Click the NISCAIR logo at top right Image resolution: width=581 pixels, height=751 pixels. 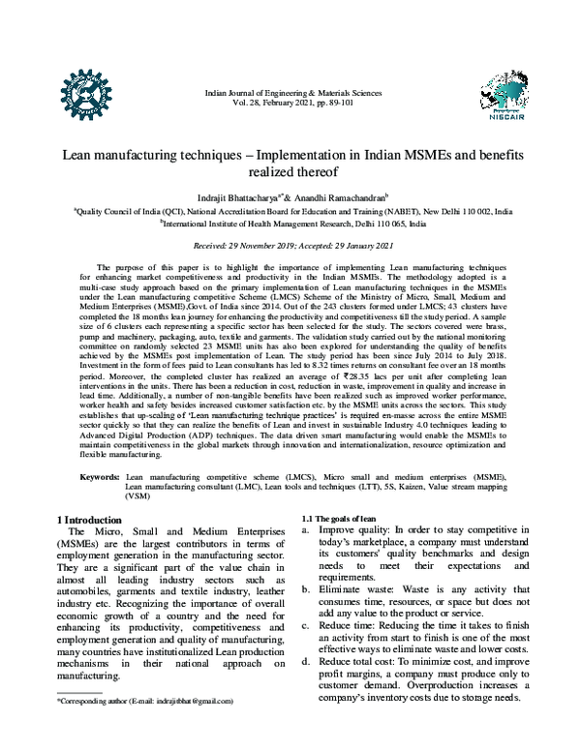click(x=503, y=94)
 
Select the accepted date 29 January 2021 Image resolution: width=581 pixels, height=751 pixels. click(x=354, y=245)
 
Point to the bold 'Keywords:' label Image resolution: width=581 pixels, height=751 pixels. click(x=99, y=476)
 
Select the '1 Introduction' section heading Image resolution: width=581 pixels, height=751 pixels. click(x=91, y=520)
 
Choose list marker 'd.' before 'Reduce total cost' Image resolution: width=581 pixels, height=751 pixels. click(x=307, y=661)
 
